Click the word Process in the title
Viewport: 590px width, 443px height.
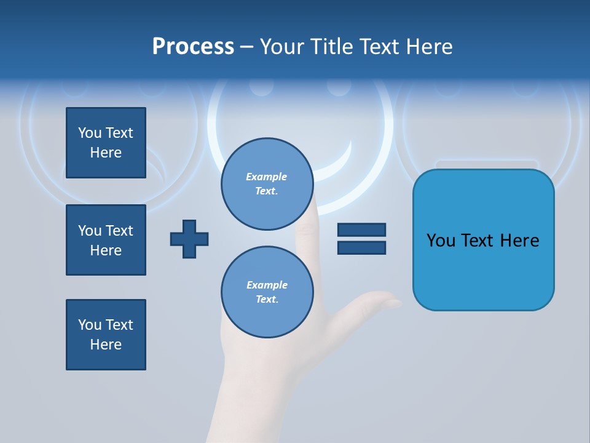(193, 47)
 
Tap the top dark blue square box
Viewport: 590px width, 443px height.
(106, 143)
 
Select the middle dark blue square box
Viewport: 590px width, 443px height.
(106, 240)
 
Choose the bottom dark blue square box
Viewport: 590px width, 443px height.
(106, 335)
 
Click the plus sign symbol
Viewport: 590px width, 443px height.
(189, 239)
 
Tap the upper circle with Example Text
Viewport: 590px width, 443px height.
(267, 184)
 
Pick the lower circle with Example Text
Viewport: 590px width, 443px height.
(267, 292)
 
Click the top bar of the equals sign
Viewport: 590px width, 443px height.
(361, 230)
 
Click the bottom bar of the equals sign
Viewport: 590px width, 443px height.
(361, 247)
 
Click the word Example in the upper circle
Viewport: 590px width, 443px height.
(266, 177)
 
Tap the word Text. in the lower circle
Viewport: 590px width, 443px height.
(267, 300)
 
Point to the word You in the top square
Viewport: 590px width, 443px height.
(89, 133)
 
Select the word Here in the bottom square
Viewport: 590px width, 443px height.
(106, 345)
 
